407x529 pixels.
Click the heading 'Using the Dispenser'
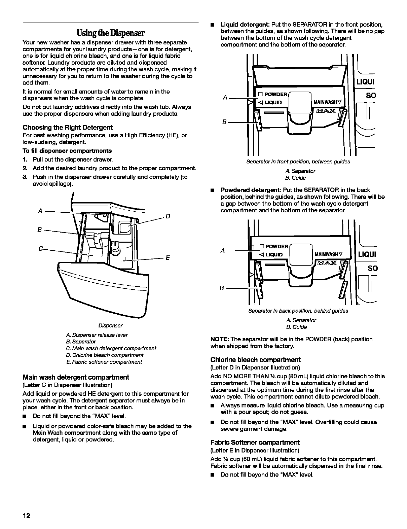point(110,33)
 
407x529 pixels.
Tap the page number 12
point(27,516)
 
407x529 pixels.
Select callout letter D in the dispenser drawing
point(168,216)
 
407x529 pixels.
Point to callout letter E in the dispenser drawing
point(168,258)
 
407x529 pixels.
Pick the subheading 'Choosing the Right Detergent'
point(68,127)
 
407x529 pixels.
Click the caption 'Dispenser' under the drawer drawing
point(110,326)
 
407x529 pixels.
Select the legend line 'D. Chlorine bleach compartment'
point(105,355)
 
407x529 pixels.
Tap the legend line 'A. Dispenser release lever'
point(97,335)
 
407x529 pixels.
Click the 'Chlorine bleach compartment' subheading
point(255,359)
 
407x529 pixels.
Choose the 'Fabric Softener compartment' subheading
point(255,442)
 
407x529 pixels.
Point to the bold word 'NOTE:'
point(220,339)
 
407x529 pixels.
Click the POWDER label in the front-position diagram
point(275,94)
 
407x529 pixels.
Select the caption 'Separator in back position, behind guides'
point(298,311)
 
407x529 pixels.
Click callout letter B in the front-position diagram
point(224,122)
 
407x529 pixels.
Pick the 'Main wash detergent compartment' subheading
point(76,377)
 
